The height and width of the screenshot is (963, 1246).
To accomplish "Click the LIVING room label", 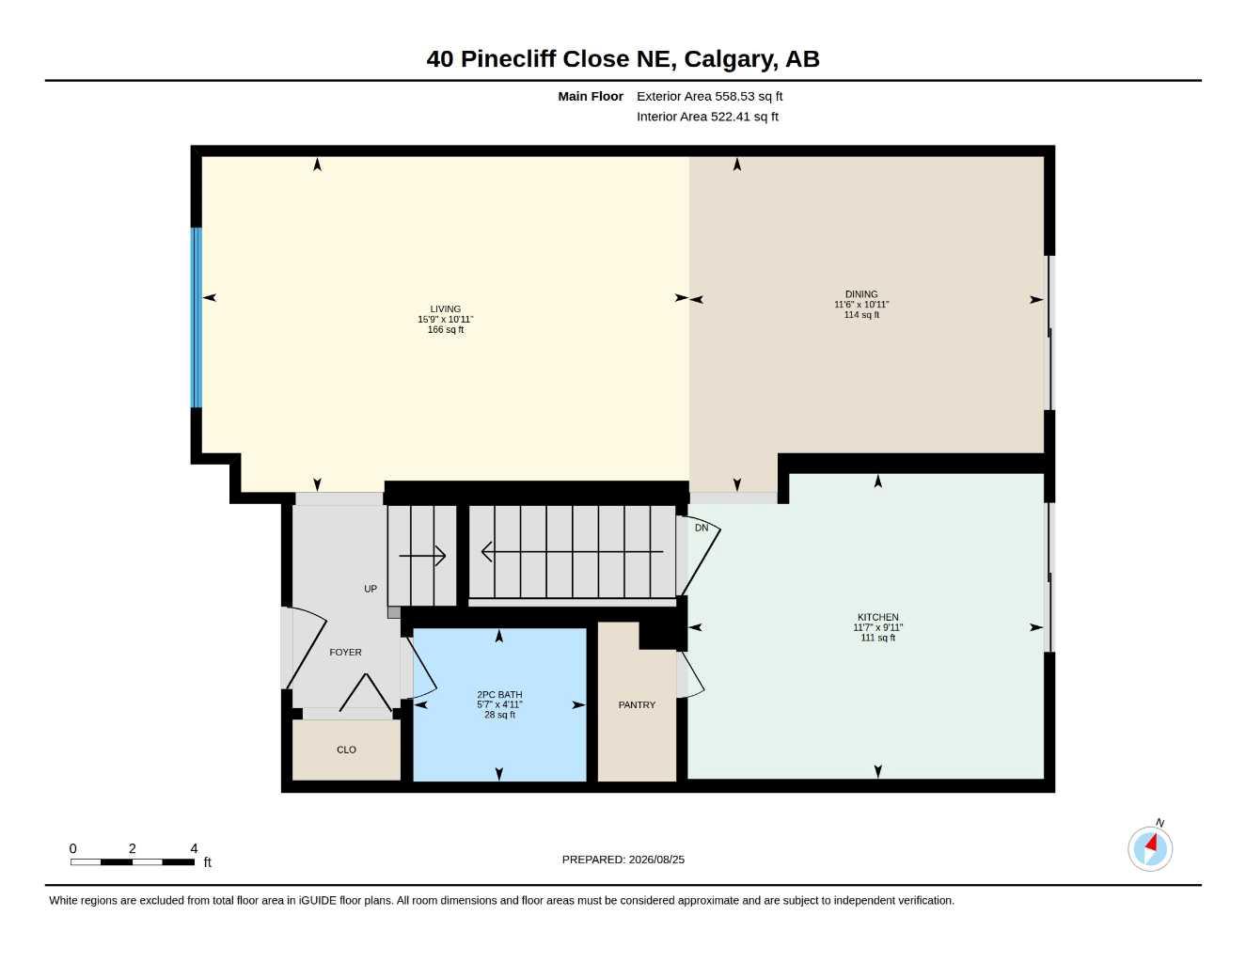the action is point(445,308).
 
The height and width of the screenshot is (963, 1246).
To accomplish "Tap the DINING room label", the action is point(860,293).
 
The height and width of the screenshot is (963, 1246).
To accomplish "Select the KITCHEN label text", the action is point(877,617).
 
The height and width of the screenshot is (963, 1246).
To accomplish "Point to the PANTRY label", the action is point(637,704).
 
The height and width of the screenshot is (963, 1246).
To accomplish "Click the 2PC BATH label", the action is point(499,694).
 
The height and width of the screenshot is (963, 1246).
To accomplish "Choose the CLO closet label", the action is point(346,750).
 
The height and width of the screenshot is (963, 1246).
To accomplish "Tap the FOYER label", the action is point(345,652).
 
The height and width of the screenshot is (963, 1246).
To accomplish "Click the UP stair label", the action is point(371,588).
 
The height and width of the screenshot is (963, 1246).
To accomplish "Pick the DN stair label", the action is point(702,528).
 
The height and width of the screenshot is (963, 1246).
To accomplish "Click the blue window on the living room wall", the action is point(197,318).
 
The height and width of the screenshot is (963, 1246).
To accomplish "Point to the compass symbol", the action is point(1150,848).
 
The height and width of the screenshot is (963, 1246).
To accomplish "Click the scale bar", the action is point(133,861).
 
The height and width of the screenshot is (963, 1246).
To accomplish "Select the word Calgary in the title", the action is point(731,58).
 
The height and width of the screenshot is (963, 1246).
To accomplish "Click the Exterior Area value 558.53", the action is point(733,96).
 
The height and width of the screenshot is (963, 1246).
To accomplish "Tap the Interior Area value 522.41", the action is point(730,117).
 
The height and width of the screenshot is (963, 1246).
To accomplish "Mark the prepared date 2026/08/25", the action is point(656,860).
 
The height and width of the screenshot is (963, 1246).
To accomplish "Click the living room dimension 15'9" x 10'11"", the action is point(445,320).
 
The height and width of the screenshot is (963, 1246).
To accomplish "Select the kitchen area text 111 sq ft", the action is point(877,638).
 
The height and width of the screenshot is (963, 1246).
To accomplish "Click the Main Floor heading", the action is point(590,96).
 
